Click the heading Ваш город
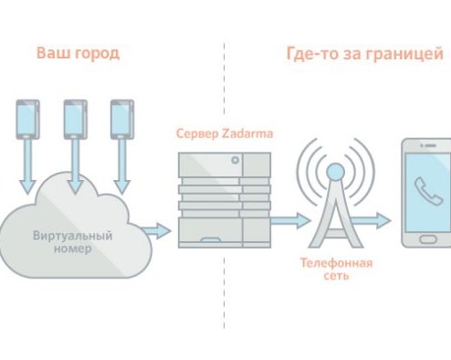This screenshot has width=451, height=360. pyautogui.click(x=78, y=53)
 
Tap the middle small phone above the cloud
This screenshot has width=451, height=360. pyautogui.click(x=75, y=120)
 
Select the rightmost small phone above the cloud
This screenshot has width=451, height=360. pyautogui.click(x=121, y=120)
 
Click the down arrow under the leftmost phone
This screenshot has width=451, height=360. pyautogui.click(x=28, y=174)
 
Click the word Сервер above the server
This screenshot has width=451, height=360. pyautogui.click(x=195, y=134)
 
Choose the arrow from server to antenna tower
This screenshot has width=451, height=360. pyautogui.click(x=292, y=219)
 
